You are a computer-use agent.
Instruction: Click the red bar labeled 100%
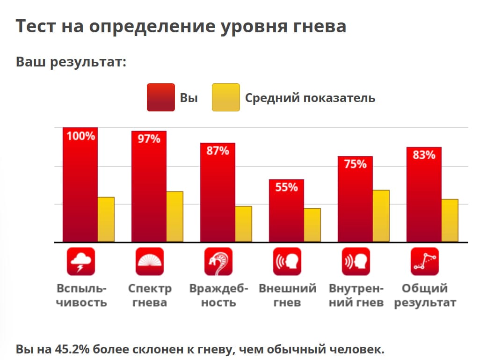tap(80, 187)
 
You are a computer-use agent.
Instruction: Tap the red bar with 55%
tap(286, 213)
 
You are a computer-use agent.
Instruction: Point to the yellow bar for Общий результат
tap(450, 220)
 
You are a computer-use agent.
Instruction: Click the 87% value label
tap(218, 151)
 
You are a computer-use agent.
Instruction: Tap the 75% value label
tap(355, 164)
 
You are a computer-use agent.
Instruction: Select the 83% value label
tap(424, 155)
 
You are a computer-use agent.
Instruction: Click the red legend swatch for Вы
tap(160, 97)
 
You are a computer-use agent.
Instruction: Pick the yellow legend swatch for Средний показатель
tap(225, 97)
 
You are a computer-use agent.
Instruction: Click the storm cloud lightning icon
tap(80, 261)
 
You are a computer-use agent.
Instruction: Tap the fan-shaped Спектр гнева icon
tap(149, 261)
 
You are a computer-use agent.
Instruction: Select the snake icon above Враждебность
tap(218, 261)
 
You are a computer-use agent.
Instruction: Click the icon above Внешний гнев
tap(287, 261)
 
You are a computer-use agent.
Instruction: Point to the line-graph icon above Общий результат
tap(424, 261)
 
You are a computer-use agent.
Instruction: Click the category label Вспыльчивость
tap(81, 295)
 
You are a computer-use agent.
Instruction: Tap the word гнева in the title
tap(316, 26)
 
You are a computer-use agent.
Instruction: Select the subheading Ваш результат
tap(71, 62)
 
